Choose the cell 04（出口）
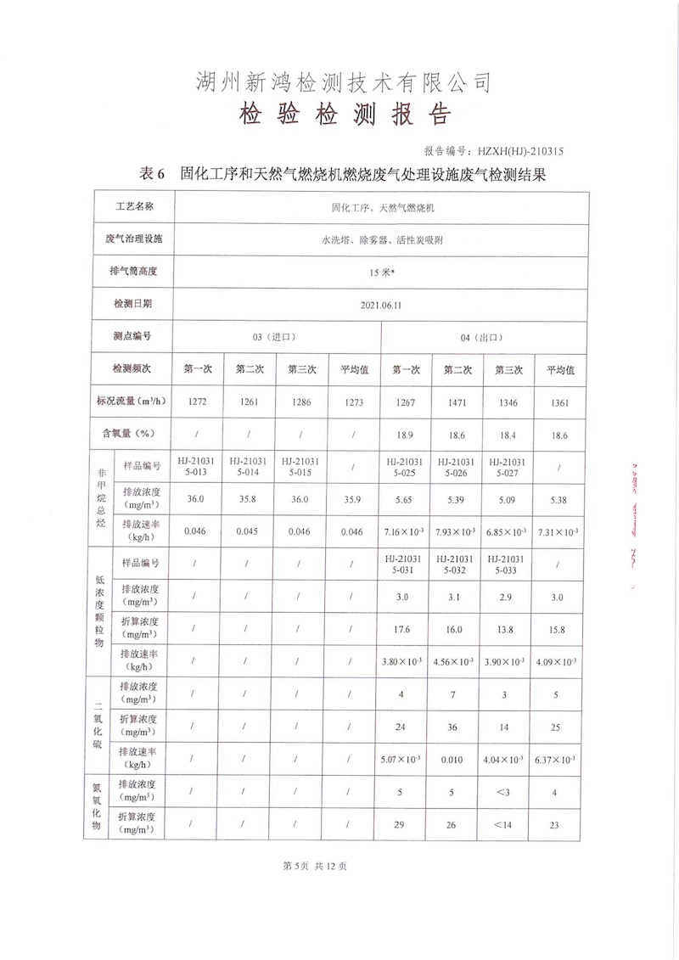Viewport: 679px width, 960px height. (x=480, y=336)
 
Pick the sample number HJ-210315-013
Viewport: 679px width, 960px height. (x=196, y=465)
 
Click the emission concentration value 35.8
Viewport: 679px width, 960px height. (x=248, y=499)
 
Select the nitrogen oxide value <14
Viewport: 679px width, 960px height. (x=507, y=822)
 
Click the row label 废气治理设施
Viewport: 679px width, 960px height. (x=133, y=239)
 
